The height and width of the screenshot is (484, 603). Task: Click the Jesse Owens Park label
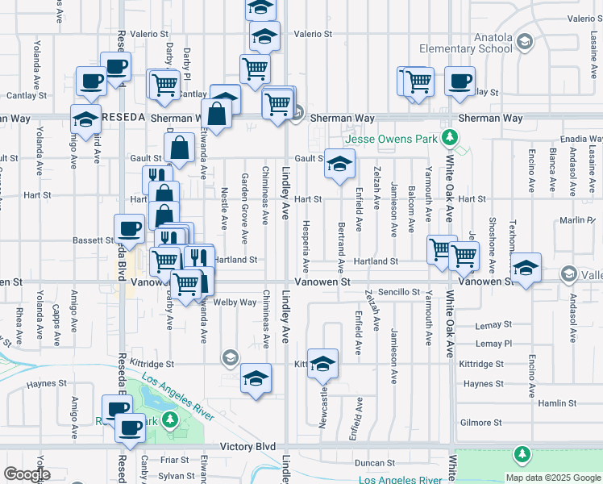pos(391,139)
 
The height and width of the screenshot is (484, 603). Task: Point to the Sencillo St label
pos(399,292)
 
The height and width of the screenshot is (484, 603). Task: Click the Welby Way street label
pos(235,302)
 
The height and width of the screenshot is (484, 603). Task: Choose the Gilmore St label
pos(480,423)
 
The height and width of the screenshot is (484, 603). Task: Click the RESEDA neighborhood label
pos(123,118)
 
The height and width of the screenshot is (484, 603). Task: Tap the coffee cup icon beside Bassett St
pos(130,229)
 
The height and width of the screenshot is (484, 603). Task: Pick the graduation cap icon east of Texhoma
pos(525,269)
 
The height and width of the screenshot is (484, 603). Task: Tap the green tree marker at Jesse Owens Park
pos(453,139)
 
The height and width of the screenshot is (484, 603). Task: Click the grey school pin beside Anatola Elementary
pos(524,42)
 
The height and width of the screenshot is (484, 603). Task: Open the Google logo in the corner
pos(26,474)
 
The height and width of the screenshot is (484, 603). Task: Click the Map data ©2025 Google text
pos(553,478)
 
